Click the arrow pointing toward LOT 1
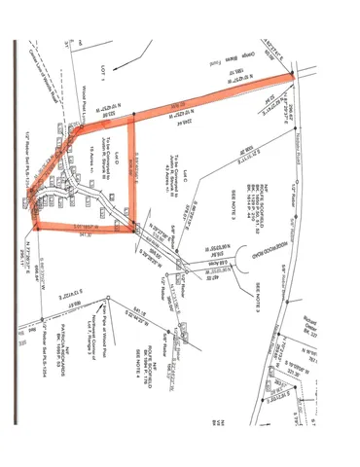coord(72,39)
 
